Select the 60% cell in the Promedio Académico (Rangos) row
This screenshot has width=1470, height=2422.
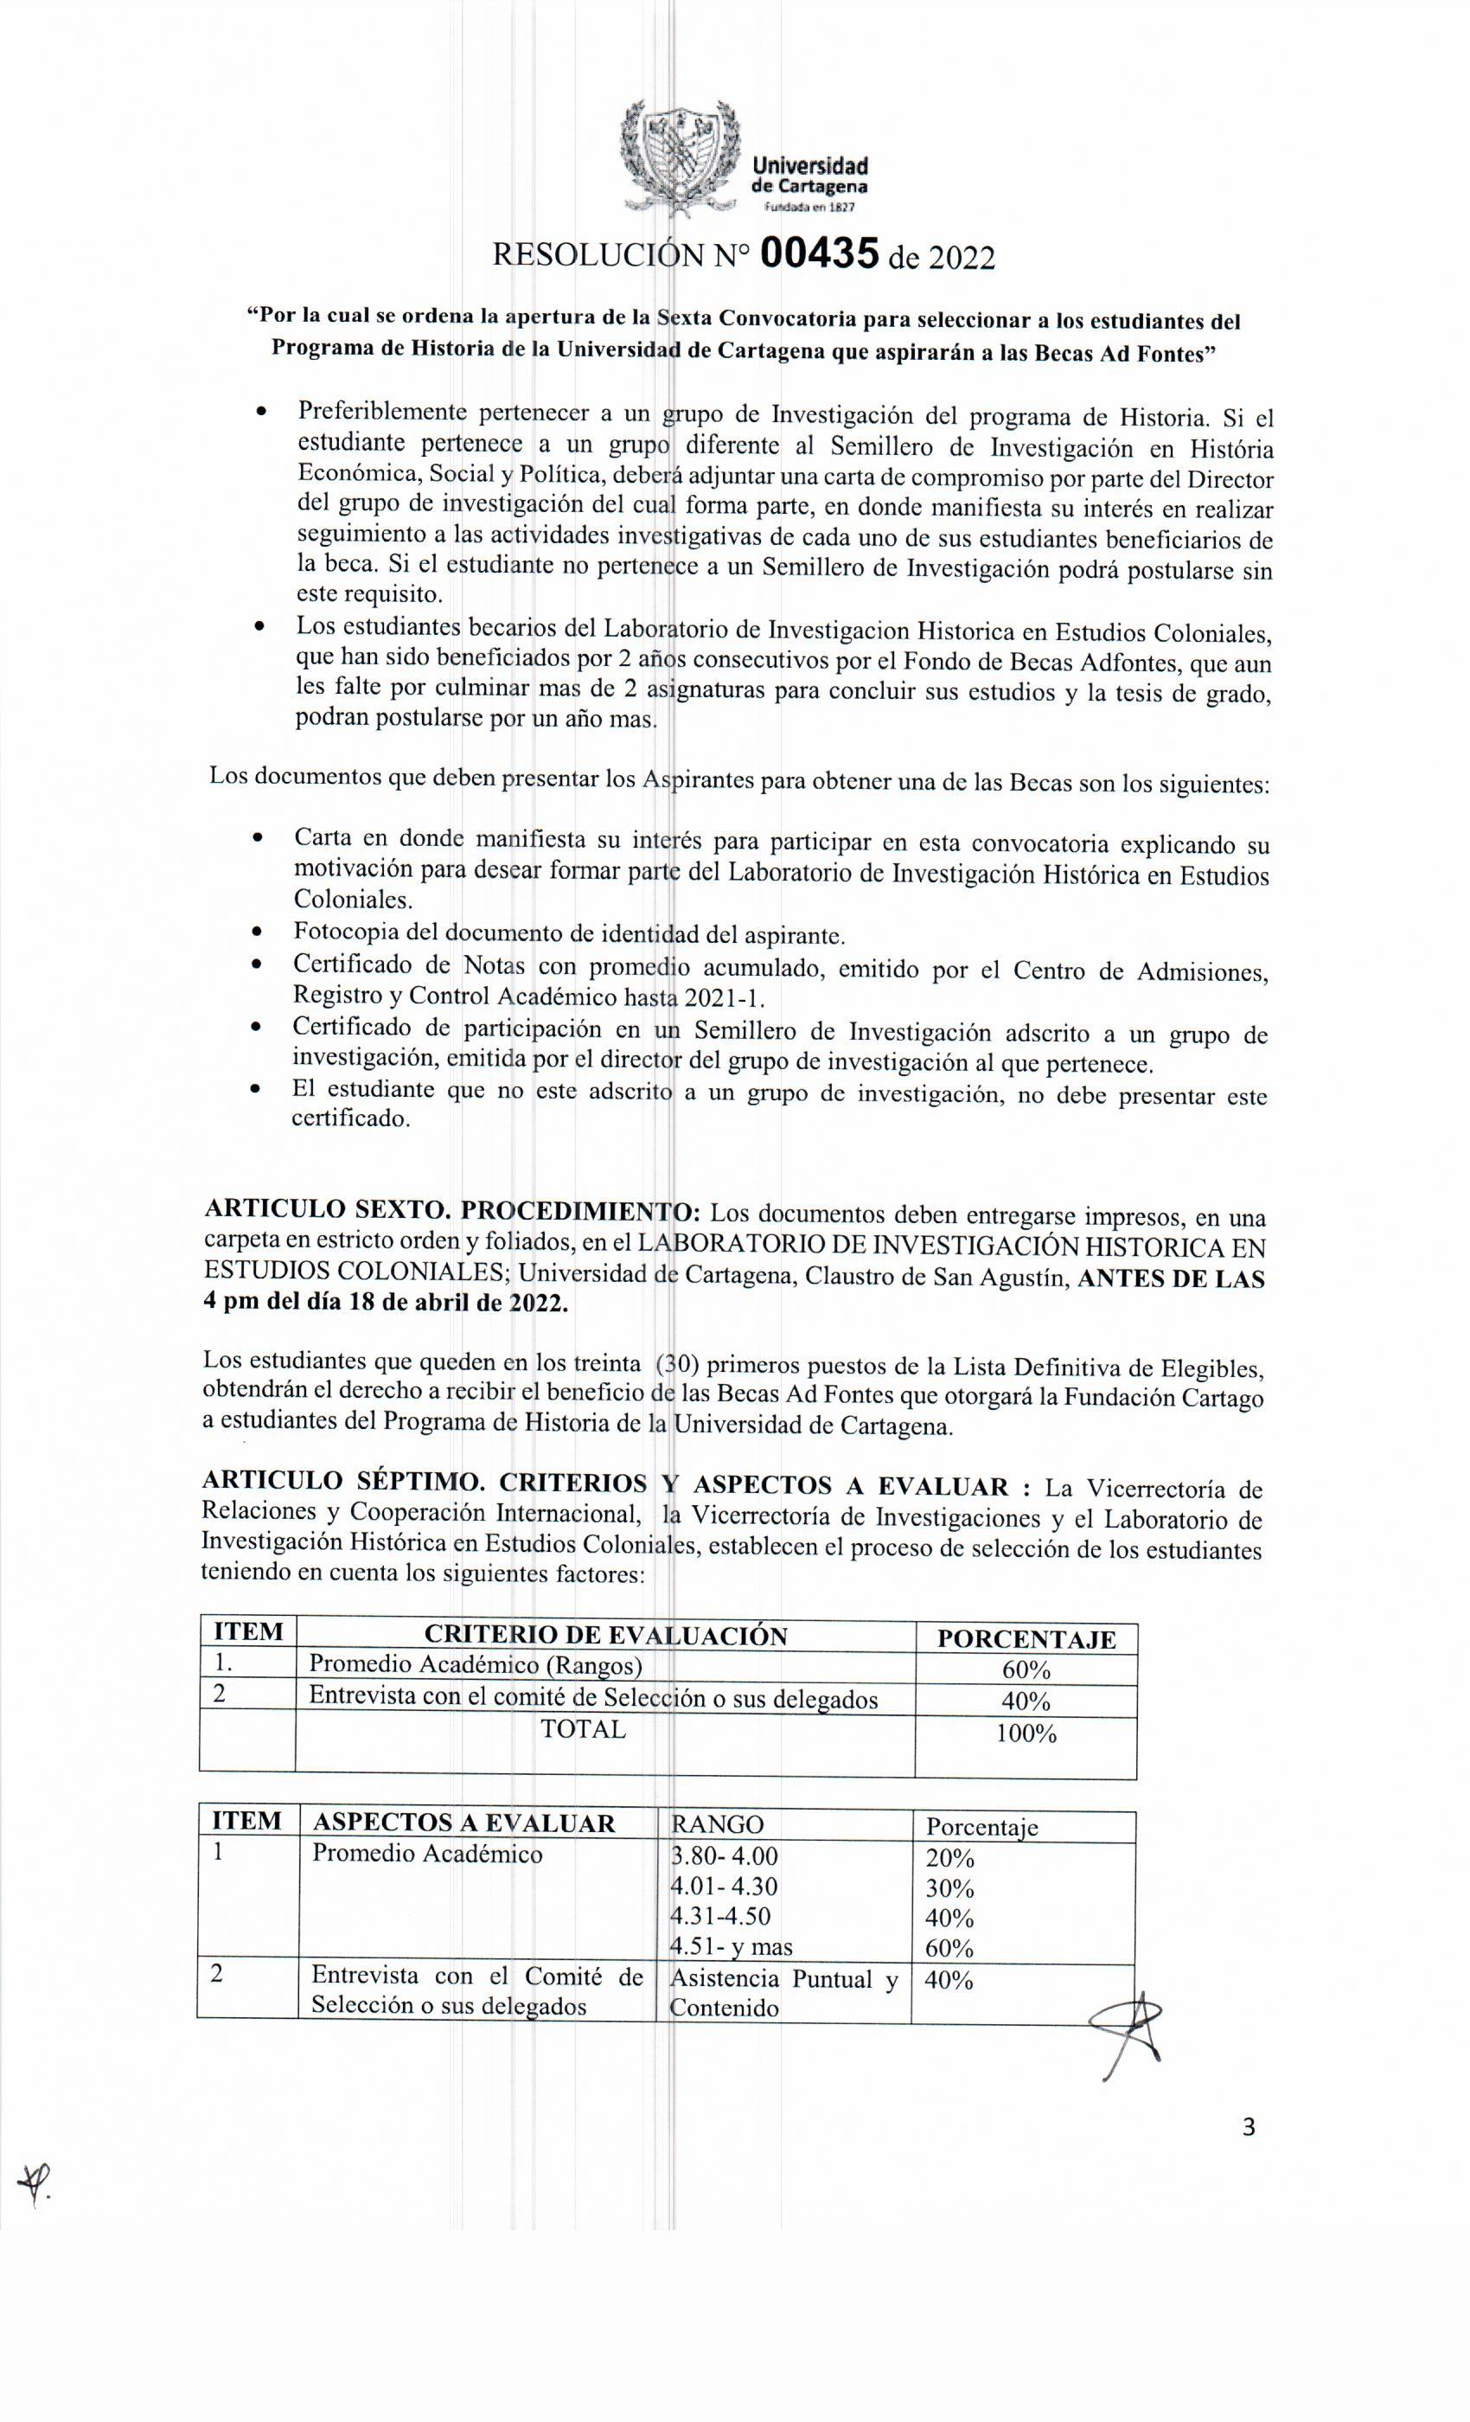[x=1026, y=1670]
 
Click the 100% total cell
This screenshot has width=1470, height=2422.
[x=1026, y=1734]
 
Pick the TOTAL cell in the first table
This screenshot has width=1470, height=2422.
[x=583, y=1729]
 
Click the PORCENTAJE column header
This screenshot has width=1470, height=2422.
[x=1026, y=1639]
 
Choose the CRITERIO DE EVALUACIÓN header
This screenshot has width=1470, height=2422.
[x=605, y=1636]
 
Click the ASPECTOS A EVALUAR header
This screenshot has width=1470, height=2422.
[x=463, y=1823]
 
